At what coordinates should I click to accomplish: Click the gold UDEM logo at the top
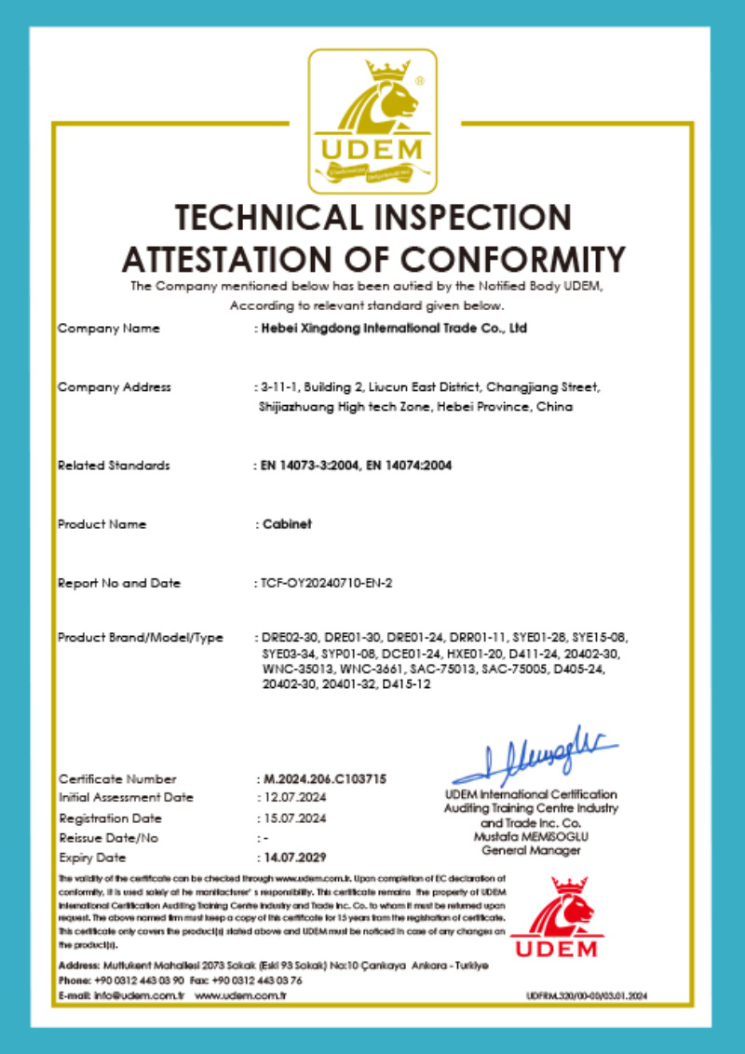[372, 120]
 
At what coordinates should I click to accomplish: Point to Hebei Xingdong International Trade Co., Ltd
[394, 328]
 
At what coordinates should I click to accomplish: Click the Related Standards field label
[114, 465]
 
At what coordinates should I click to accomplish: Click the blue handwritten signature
[531, 754]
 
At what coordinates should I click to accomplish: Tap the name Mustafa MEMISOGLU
[531, 836]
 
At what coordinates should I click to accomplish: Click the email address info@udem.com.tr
[140, 995]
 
